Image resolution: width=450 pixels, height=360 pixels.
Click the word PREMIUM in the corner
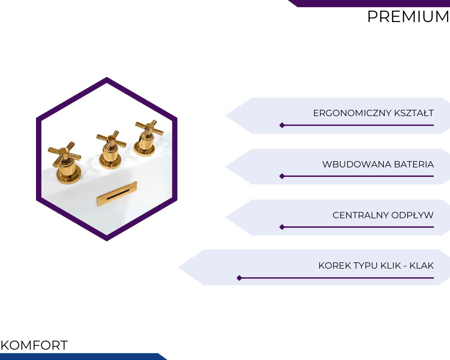pos(408,17)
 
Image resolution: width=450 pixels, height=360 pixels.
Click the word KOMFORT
pos(34,345)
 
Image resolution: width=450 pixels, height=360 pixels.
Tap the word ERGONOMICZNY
pos(352,113)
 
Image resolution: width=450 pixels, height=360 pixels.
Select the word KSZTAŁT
pos(414,113)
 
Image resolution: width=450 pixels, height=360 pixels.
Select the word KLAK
pos(422,265)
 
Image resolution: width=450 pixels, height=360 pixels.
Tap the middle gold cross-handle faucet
pos(111,150)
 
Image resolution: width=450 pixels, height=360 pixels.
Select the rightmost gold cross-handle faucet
pos(148,138)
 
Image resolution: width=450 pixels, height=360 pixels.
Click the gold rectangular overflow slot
pos(117,193)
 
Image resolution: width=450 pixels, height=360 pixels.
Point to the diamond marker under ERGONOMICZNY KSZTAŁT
pos(282,125)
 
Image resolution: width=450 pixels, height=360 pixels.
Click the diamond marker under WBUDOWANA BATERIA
pos(282,176)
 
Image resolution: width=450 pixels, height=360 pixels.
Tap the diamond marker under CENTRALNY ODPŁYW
pos(282,227)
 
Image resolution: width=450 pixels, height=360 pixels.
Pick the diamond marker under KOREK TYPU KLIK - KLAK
pos(239,278)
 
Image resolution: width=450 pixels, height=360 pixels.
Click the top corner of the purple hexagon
pos(107,77)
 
